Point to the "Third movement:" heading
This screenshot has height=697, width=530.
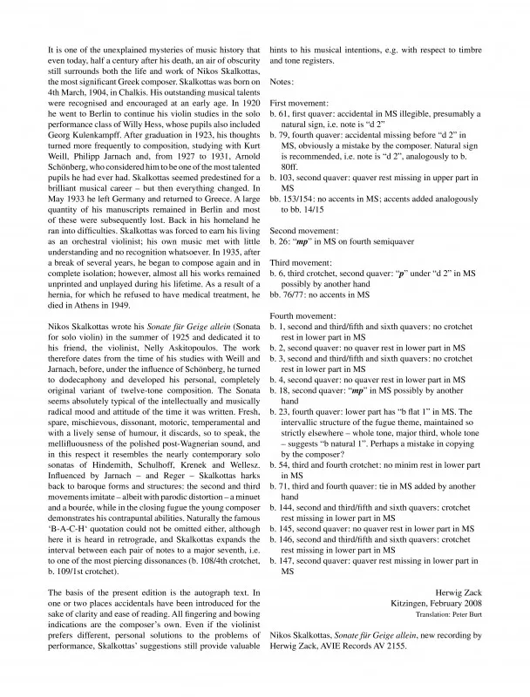point(302,259)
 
